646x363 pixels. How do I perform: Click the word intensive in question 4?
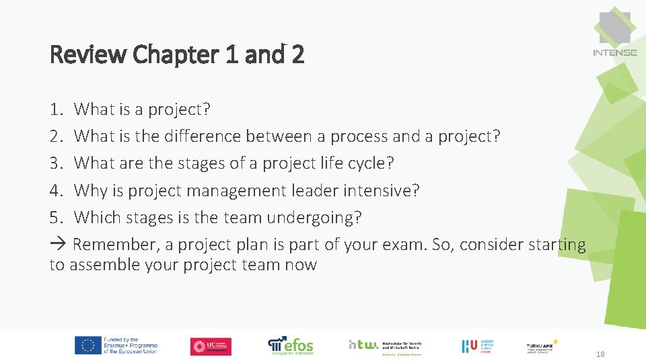tap(381, 191)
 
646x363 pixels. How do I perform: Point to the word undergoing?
tap(314, 218)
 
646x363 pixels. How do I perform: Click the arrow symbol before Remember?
tap(58, 245)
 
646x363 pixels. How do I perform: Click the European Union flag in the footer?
tap(87, 346)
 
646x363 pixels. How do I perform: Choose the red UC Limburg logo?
tap(211, 346)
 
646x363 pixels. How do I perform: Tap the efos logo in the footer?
tap(291, 346)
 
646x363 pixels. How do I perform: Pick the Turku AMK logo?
tap(542, 346)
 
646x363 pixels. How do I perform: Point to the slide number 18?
tap(600, 354)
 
